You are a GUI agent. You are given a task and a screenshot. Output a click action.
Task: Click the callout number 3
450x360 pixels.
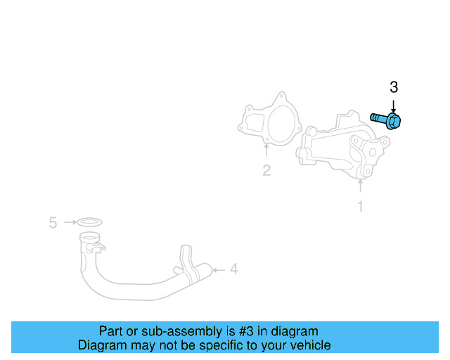tap(394, 87)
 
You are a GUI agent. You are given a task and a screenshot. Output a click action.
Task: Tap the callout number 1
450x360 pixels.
tap(361, 206)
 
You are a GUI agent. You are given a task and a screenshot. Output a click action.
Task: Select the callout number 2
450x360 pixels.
tap(266, 169)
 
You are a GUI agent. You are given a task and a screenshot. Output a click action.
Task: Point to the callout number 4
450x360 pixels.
tap(233, 269)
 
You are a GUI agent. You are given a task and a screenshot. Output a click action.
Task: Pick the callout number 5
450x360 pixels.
tap(53, 223)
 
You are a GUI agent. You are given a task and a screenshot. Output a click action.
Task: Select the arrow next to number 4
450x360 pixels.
tap(218, 269)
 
